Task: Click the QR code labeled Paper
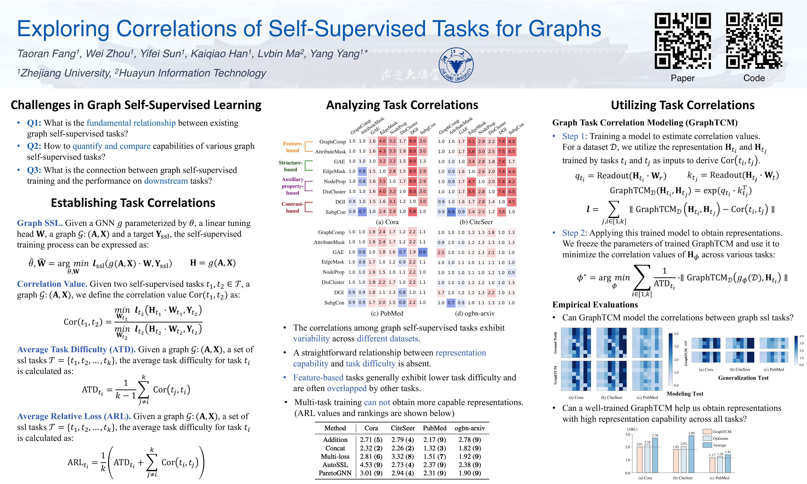click(x=683, y=41)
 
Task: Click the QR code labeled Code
click(x=754, y=41)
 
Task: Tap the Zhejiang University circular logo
click(x=456, y=65)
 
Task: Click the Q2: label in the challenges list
click(x=34, y=146)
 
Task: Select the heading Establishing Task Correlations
click(x=133, y=203)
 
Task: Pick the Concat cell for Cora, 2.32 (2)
click(x=371, y=448)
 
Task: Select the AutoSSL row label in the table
click(x=335, y=465)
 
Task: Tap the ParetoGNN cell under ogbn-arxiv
click(x=470, y=473)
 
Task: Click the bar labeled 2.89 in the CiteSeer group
click(x=691, y=454)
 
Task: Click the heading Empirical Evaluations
click(x=595, y=305)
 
